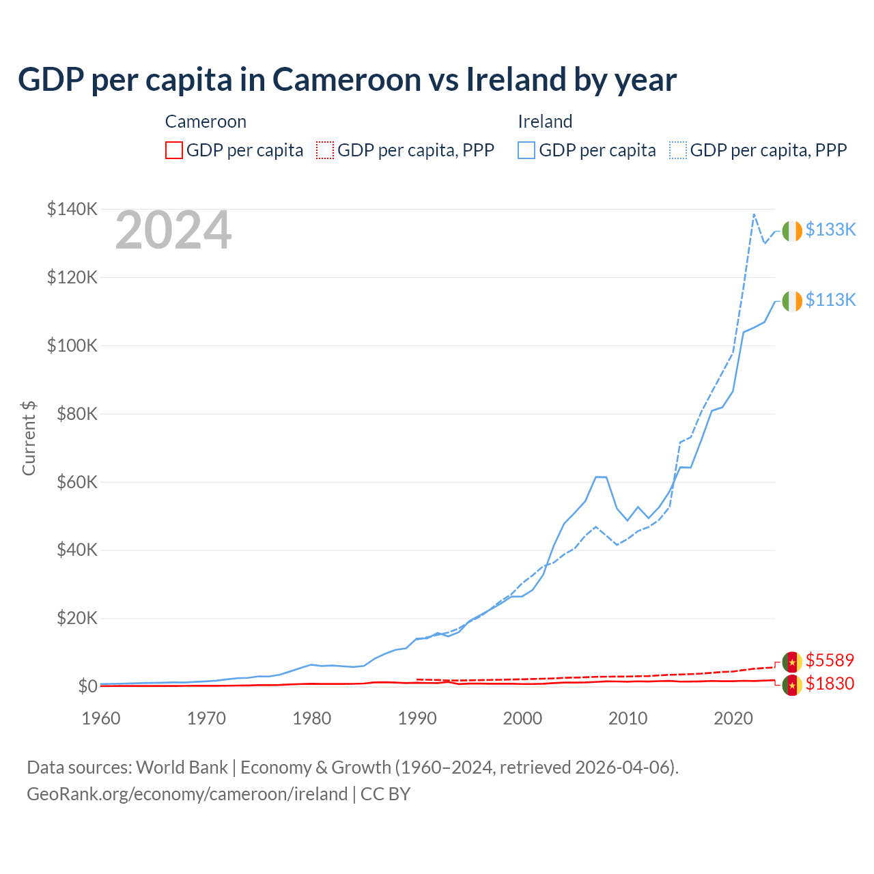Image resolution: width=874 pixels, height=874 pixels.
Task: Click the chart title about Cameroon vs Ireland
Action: pyautogui.click(x=347, y=80)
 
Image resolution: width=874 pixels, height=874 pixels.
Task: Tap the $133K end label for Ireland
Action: pyautogui.click(x=830, y=229)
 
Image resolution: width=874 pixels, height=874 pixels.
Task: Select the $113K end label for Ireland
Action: pyautogui.click(x=830, y=300)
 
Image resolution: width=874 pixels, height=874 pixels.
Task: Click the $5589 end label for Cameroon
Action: pyautogui.click(x=830, y=660)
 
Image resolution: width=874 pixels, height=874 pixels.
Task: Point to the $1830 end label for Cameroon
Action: pyautogui.click(x=830, y=683)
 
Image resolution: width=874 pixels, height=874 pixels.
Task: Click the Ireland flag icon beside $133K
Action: pyautogui.click(x=792, y=231)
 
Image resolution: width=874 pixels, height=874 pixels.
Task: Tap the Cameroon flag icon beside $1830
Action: pyautogui.click(x=792, y=686)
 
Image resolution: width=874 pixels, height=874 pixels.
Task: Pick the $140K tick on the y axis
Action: pyautogui.click(x=72, y=209)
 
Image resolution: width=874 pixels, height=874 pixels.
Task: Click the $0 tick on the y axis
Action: pyautogui.click(x=87, y=686)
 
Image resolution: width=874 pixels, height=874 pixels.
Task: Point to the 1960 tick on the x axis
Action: pyautogui.click(x=101, y=718)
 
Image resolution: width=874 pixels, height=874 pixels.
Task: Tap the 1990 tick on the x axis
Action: pyautogui.click(x=417, y=718)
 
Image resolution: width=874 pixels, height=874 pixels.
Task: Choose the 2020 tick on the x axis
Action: pyautogui.click(x=733, y=718)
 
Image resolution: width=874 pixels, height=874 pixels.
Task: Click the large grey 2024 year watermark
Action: pyautogui.click(x=173, y=231)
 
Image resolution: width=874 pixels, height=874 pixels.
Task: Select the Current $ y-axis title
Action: pyautogui.click(x=29, y=438)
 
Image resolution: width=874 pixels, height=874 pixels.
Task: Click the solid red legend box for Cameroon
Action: pyautogui.click(x=174, y=150)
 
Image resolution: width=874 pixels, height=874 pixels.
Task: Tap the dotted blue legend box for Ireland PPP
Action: pyautogui.click(x=678, y=150)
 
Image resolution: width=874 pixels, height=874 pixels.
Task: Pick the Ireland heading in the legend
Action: pyautogui.click(x=545, y=122)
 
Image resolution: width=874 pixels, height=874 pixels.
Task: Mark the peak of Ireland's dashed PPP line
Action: pyautogui.click(x=754, y=214)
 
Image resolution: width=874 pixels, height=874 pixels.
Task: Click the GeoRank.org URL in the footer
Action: pyautogui.click(x=187, y=794)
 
